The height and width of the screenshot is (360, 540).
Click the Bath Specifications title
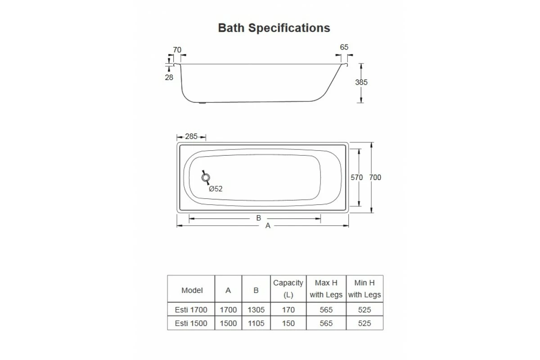[274, 28]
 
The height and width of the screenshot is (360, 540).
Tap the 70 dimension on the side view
[177, 50]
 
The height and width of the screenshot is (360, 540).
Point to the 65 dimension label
[344, 47]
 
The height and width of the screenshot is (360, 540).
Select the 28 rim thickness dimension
[169, 77]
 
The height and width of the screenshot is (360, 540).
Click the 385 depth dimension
[361, 82]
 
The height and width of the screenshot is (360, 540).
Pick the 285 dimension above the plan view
[191, 136]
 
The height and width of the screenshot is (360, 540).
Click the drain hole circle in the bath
[206, 178]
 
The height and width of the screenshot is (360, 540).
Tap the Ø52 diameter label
[216, 189]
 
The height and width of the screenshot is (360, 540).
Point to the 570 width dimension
[356, 177]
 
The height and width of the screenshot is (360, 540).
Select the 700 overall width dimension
[375, 177]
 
